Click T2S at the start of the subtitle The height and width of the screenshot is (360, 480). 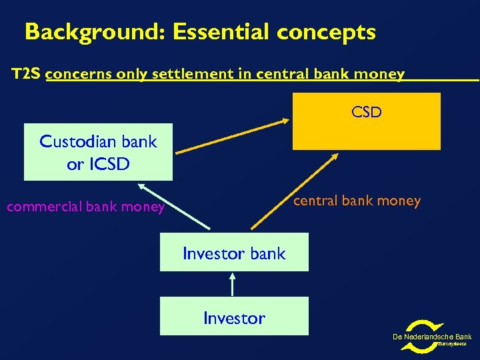(27, 74)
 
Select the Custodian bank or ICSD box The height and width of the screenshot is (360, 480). (98, 152)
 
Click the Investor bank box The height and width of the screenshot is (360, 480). (234, 253)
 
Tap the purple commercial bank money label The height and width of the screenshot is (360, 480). (85, 207)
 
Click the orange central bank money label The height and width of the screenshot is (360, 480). (357, 200)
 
